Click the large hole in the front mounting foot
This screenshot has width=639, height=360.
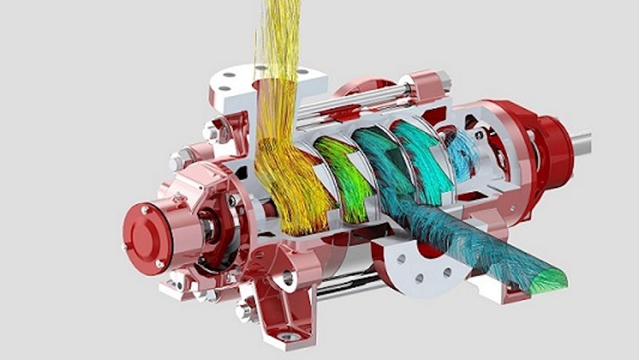288,278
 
